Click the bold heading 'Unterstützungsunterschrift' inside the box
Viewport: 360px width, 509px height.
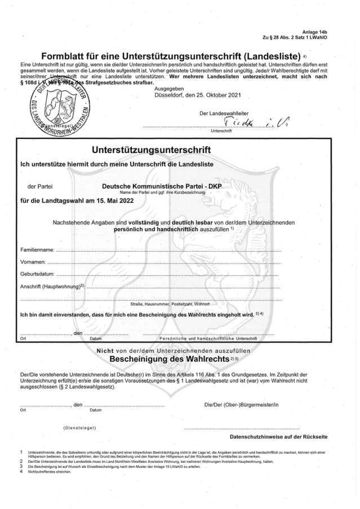tap(151, 150)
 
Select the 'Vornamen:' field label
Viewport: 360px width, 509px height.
tap(33, 262)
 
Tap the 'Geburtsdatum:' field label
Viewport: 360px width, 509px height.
tap(37, 274)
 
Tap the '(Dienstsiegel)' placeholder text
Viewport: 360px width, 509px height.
tap(79, 428)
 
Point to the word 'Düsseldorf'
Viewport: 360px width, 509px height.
tap(168, 95)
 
